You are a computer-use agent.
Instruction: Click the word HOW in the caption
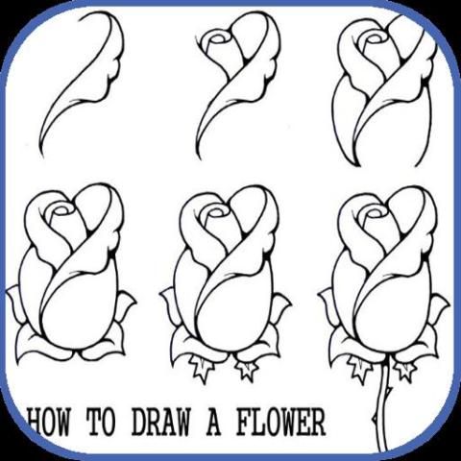[x=49, y=422]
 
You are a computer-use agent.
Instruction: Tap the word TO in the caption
[x=101, y=422]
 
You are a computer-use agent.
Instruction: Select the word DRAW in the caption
[x=160, y=422]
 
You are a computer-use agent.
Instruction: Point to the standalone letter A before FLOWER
[x=213, y=422]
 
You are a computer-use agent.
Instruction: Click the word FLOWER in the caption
[x=280, y=422]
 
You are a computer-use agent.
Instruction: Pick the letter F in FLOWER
[x=244, y=422]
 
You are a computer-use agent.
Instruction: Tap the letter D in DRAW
[x=138, y=422]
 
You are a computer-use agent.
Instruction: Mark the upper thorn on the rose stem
[x=390, y=389]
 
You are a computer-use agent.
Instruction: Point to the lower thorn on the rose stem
[x=375, y=418]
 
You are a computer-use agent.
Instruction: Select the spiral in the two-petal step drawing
[x=218, y=40]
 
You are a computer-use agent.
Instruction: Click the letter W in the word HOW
[x=61, y=422]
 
